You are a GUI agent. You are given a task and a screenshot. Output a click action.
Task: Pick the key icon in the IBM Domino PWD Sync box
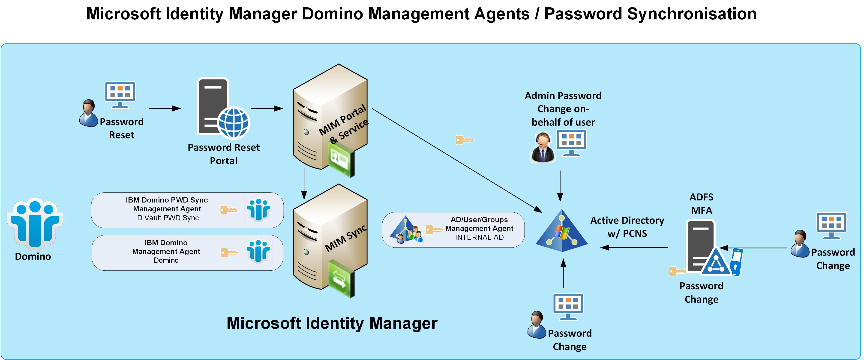[x=229, y=210]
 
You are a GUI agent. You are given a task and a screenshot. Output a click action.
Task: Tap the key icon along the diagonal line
[x=464, y=140]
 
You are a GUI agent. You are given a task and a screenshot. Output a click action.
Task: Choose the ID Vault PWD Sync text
[x=167, y=218]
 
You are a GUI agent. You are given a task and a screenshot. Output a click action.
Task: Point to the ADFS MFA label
[x=701, y=204]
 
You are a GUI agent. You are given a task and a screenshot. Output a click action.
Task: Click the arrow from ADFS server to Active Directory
[x=634, y=248]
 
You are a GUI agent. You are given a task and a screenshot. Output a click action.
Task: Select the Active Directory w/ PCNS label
[x=627, y=227]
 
